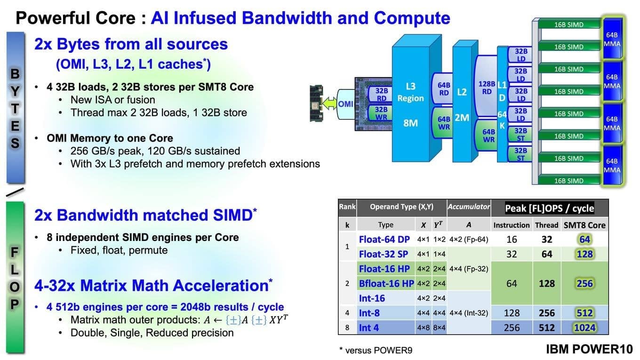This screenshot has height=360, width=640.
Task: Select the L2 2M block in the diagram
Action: pos(462,104)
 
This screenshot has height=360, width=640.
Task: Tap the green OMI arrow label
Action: pos(346,104)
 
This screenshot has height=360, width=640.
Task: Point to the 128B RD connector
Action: pos(487,88)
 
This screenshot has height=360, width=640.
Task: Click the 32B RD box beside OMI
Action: pos(381,94)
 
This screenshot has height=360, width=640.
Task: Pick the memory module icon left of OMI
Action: pos(317,104)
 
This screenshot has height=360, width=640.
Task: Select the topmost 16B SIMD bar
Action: pos(568,24)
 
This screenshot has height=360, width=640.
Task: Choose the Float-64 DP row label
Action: pos(384,239)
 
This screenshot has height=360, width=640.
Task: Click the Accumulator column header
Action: pos(469,207)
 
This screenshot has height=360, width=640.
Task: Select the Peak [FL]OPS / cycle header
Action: pos(549,208)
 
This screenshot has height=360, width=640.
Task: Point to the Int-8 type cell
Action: pos(369,313)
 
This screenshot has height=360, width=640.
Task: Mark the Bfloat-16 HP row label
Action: pos(386,283)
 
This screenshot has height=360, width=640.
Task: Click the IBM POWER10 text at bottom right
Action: pos(589,350)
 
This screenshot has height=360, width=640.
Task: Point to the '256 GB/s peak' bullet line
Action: pos(155,151)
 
